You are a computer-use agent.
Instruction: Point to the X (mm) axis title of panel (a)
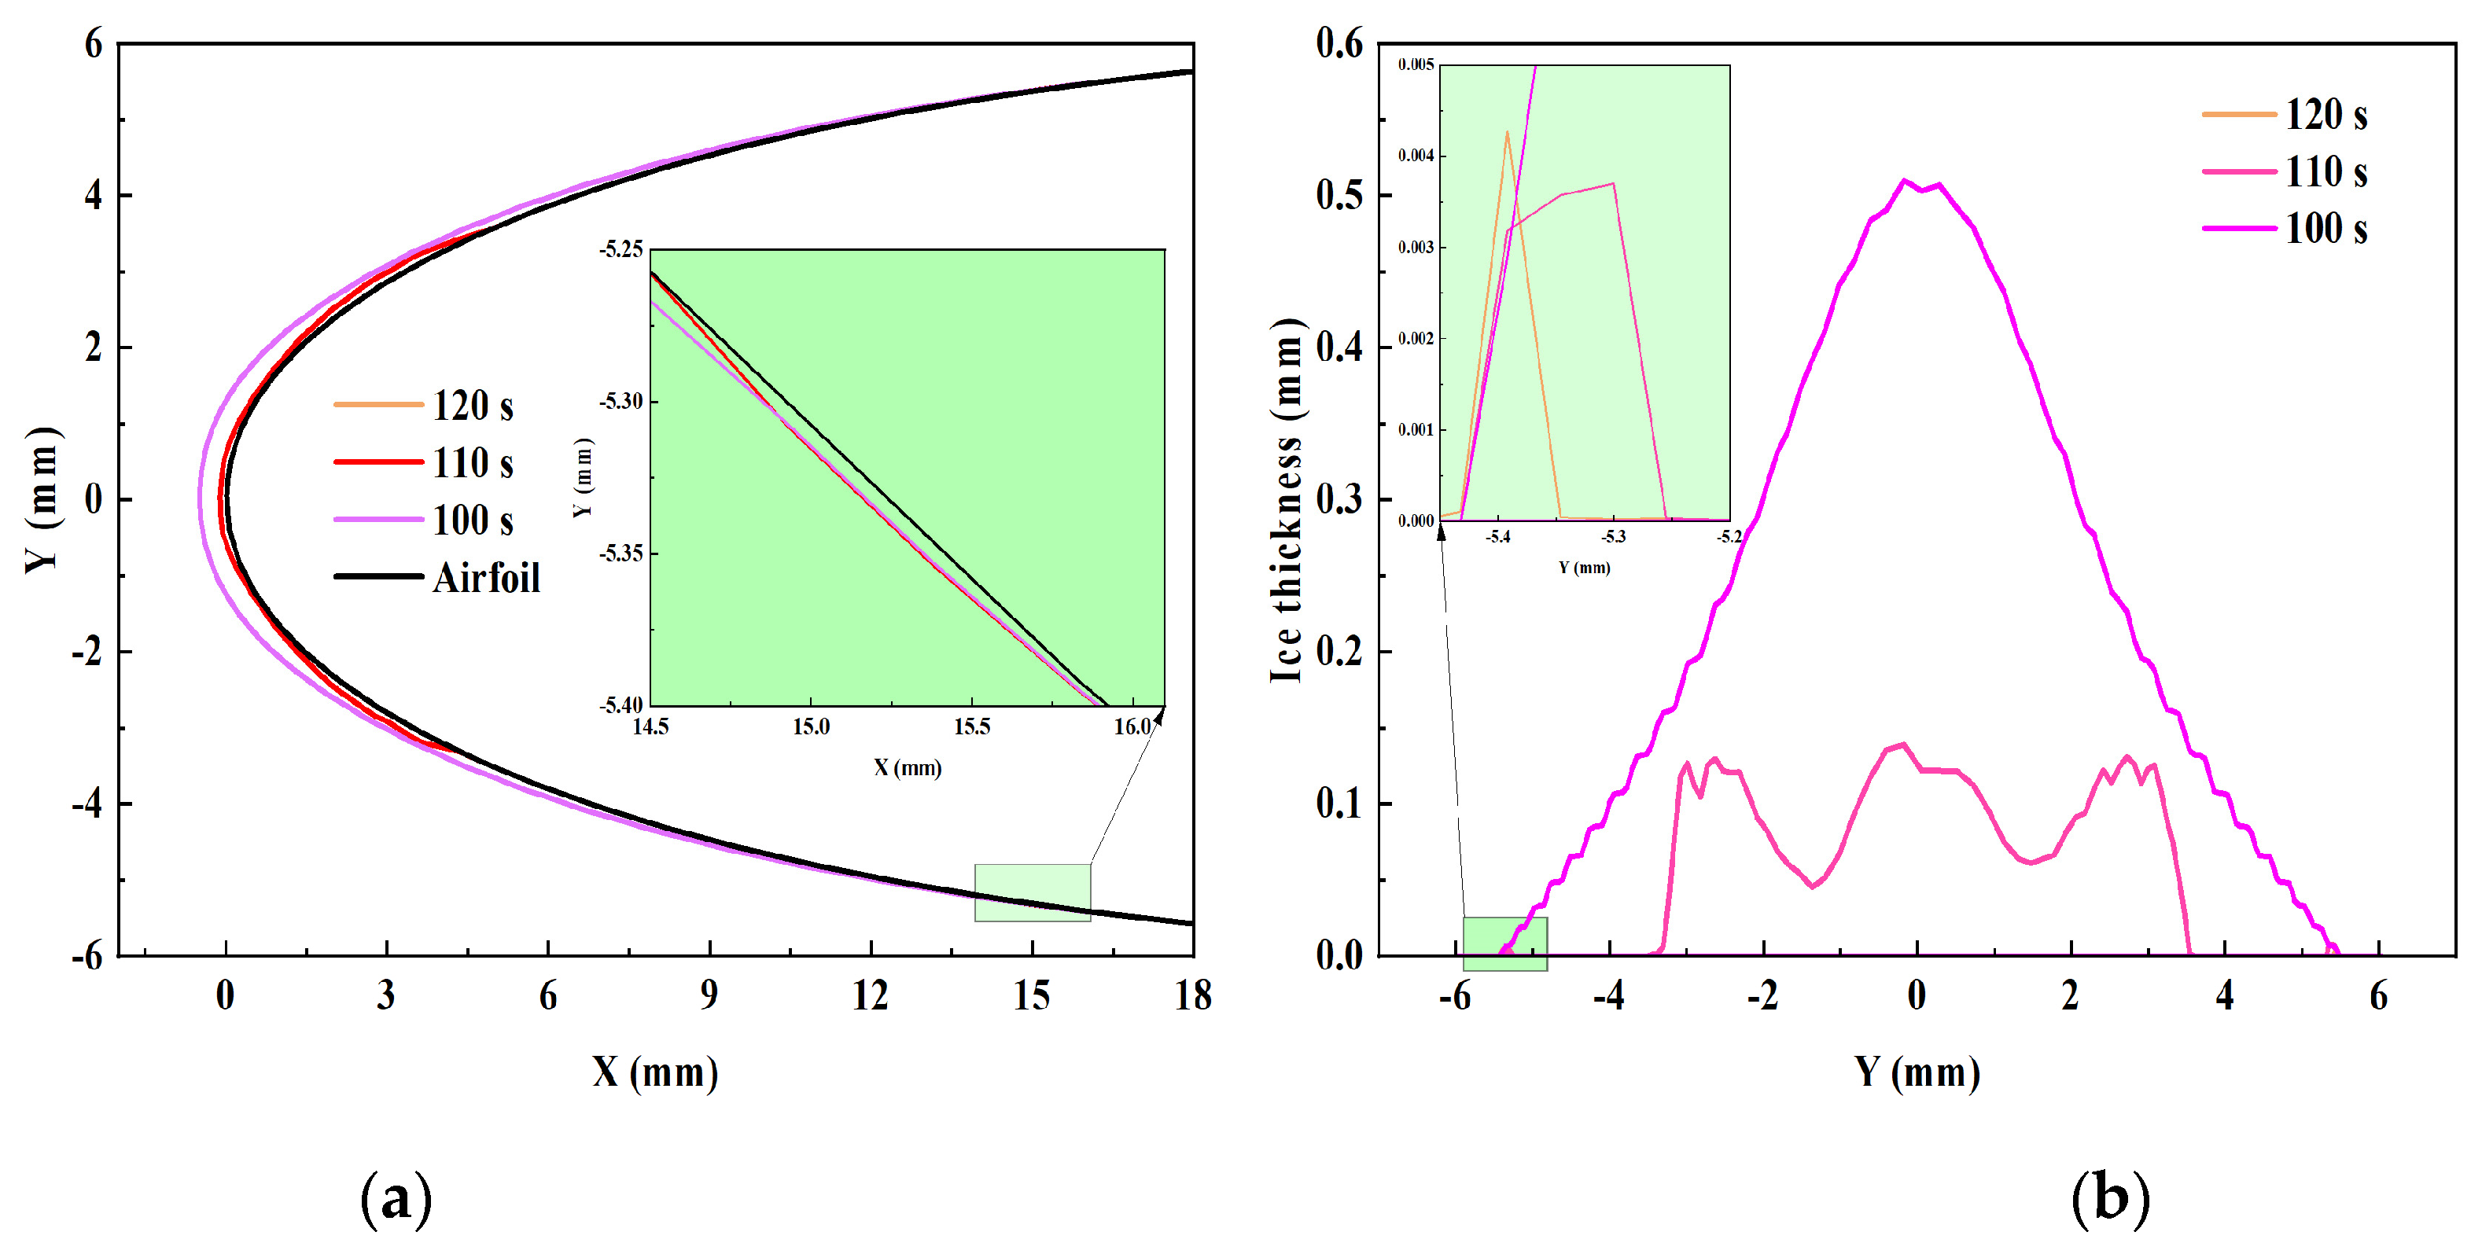pos(655,1072)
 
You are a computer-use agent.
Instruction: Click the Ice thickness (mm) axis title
pos(1287,501)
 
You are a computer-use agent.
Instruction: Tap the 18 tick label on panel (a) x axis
pos(1192,995)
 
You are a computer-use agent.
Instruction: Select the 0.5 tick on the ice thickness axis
pos(1339,196)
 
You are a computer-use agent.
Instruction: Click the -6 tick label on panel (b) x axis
pos(1455,995)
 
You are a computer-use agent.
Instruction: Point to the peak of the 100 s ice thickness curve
pos(1904,180)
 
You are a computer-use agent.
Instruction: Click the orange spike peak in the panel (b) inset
pos(1507,132)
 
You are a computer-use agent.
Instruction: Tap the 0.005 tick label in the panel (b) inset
pos(1416,64)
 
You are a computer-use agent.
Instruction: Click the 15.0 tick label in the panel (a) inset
pos(810,726)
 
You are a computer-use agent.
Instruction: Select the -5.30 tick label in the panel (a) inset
pos(620,401)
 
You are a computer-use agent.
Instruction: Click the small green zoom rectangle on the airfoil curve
pos(1032,892)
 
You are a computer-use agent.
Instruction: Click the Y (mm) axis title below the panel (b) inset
pos(1584,568)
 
